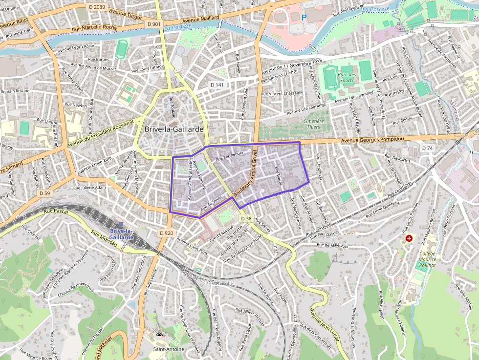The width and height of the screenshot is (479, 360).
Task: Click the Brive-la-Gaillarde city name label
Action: (174, 129)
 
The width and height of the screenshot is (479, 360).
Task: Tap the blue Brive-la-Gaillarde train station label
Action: (122, 233)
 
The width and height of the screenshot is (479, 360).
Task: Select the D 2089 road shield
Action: (97, 6)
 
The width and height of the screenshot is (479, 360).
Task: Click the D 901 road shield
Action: (153, 24)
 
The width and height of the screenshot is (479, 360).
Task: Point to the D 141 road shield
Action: (217, 85)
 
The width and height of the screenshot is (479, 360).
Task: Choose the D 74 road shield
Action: (427, 148)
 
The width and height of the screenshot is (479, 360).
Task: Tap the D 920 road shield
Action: (166, 233)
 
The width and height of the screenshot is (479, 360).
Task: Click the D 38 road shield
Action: (246, 218)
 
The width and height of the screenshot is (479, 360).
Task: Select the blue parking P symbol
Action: (304, 17)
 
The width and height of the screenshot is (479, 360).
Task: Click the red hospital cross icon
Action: (409, 238)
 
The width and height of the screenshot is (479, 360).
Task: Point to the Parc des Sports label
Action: (347, 77)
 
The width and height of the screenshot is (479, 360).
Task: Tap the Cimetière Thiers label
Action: (314, 124)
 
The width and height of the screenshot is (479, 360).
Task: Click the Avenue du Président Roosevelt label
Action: (101, 134)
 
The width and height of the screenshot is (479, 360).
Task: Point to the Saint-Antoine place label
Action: (169, 349)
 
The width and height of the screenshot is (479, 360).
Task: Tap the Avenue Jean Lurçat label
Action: (326, 327)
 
